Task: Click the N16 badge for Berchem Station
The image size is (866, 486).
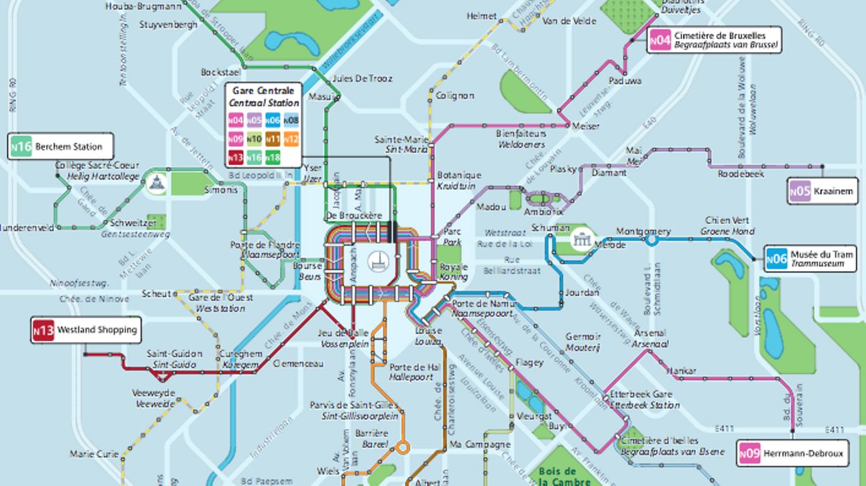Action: [x=21, y=147]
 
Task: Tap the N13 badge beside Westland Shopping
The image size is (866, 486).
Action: [x=43, y=331]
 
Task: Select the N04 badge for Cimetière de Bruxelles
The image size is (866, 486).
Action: [x=659, y=41]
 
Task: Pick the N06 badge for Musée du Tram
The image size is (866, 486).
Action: [x=776, y=259]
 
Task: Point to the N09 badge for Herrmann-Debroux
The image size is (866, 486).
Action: [x=749, y=454]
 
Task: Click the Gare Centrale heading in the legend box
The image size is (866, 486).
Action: [x=264, y=91]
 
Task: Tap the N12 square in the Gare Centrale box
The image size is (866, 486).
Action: [x=291, y=139]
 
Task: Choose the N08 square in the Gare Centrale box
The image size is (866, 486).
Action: [x=291, y=121]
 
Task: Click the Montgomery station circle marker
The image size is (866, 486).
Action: [x=652, y=241]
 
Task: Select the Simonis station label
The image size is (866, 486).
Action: [x=221, y=190]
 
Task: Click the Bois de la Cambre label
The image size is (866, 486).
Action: [x=564, y=476]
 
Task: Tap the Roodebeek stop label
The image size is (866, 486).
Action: [x=740, y=174]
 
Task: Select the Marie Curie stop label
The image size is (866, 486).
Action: [x=94, y=454]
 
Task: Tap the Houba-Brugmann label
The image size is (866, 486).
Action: [x=143, y=6]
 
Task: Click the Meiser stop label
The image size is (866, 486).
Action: [x=586, y=126]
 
